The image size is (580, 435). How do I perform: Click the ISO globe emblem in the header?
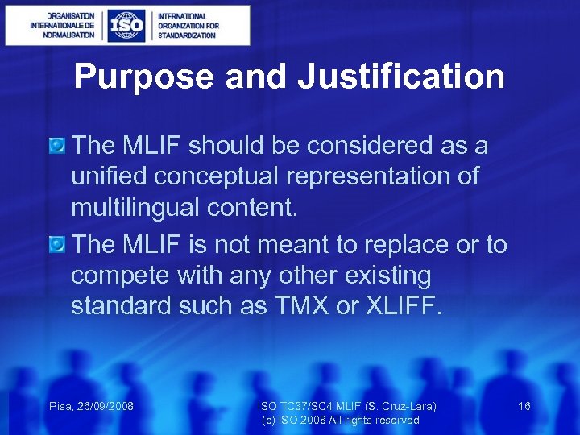coord(126,26)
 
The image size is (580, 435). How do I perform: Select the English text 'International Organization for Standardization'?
coord(187,26)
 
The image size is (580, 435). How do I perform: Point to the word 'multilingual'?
coord(137,208)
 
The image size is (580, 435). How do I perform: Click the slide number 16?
coord(524,406)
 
